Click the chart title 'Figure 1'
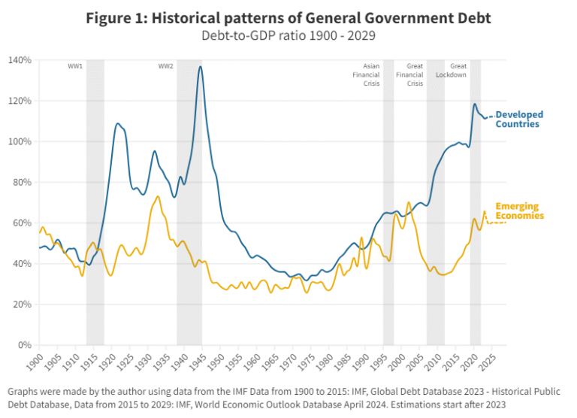click(x=288, y=17)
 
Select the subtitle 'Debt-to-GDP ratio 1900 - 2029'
click(x=288, y=35)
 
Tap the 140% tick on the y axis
click(x=20, y=60)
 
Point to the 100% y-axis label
click(x=20, y=141)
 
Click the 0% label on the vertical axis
click(x=25, y=345)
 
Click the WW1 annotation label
click(x=75, y=67)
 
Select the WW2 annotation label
click(x=165, y=67)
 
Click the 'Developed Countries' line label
click(x=518, y=119)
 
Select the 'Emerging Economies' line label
click(x=518, y=211)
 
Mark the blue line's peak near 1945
click(x=200, y=67)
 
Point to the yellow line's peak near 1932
click(x=158, y=197)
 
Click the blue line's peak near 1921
click(x=118, y=123)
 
